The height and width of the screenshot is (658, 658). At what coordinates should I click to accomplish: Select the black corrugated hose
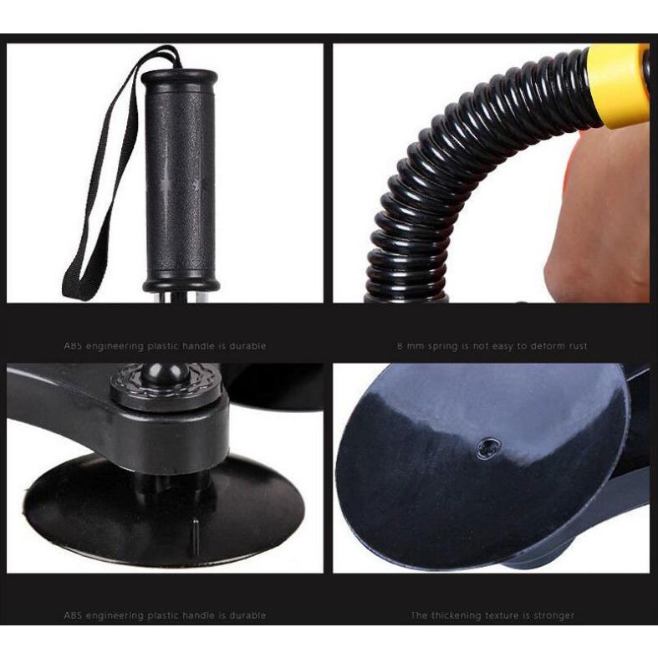[435, 184]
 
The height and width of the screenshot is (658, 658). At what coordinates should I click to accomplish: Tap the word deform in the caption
[543, 346]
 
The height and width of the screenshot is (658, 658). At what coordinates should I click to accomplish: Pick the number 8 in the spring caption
[400, 346]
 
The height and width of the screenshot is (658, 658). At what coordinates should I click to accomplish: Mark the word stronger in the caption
[553, 615]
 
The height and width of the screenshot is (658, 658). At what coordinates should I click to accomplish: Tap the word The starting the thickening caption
[419, 615]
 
